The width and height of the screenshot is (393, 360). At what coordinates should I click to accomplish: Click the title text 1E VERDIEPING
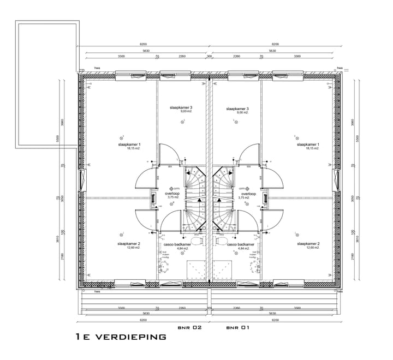coord(121,337)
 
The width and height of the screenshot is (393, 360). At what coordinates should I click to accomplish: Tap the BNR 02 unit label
coord(190,328)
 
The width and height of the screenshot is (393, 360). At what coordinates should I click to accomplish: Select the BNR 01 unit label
coord(237,328)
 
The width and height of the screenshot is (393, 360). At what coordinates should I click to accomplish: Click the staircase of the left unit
coord(194,199)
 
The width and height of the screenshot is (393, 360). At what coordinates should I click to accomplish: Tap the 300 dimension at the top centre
coord(209,56)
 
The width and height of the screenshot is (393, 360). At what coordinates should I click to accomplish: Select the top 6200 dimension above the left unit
coord(143,44)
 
